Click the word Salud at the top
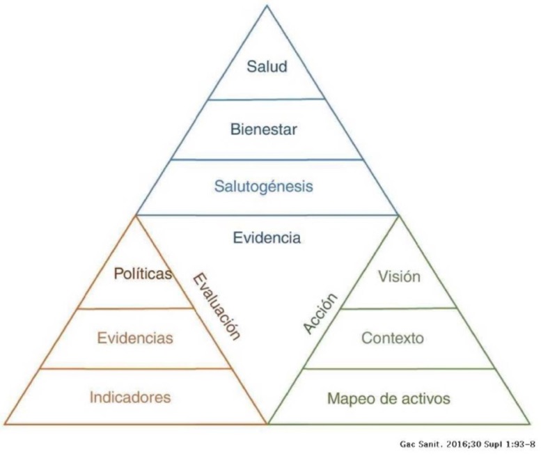267,68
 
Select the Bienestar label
267,129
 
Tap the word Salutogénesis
267,187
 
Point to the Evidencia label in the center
267,238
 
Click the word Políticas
143,274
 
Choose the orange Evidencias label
135,338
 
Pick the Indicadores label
130,398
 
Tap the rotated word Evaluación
215,305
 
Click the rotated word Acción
321,313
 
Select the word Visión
399,276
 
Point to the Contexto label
393,338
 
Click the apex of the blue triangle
267,6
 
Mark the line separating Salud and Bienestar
267,99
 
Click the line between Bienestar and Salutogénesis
267,159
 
